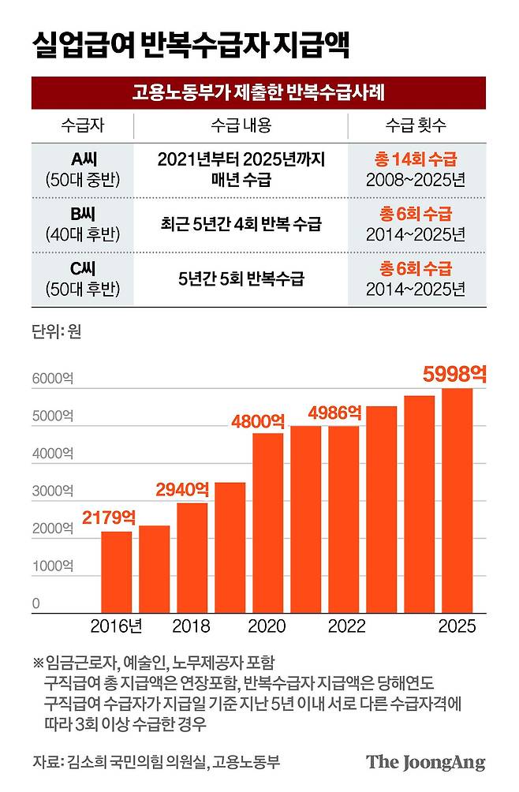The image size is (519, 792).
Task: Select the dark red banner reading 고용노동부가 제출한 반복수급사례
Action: point(259,93)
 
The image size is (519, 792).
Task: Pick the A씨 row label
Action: point(83,169)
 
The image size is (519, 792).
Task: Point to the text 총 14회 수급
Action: point(416,159)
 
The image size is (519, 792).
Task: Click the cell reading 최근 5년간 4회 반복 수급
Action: point(241,224)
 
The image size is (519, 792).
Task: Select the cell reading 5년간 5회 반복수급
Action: point(241,278)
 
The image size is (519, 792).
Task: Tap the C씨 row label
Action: point(83,278)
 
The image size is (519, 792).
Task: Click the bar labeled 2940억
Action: point(192,557)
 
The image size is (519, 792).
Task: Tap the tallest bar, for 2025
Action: point(457,501)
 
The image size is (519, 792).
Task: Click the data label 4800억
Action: point(258,420)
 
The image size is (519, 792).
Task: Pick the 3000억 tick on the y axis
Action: point(52,491)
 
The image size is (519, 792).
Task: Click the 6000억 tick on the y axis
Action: point(52,379)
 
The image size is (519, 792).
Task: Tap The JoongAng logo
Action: point(425,763)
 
